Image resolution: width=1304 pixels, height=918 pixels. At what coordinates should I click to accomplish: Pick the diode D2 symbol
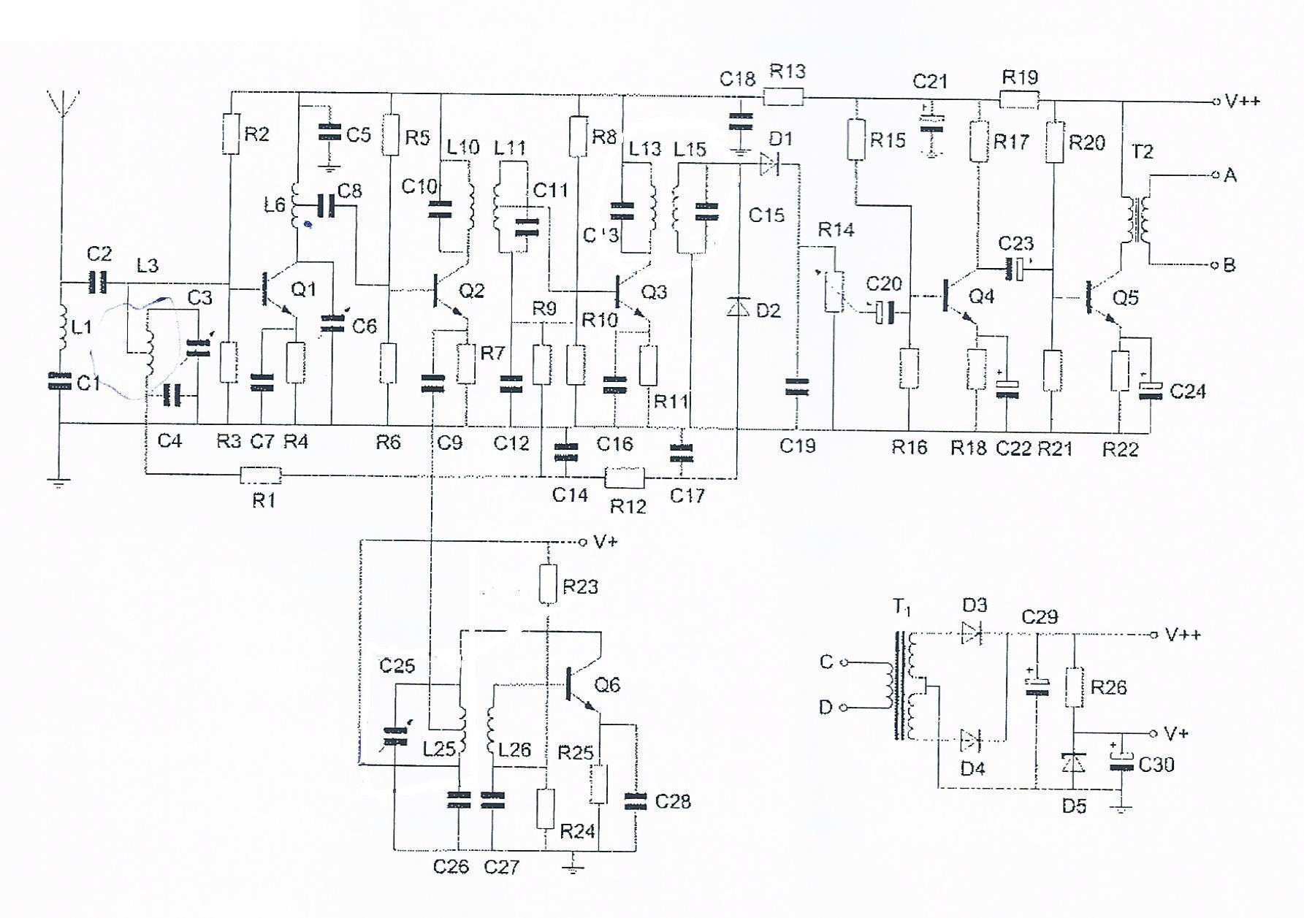(x=739, y=307)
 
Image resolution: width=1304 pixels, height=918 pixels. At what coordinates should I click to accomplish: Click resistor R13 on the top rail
(x=783, y=96)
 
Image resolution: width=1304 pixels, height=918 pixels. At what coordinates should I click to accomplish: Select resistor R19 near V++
(x=1018, y=100)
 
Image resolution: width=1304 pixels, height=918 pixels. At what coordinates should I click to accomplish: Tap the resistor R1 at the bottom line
(x=261, y=475)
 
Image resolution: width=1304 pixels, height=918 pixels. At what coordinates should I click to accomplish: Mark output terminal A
(x=1215, y=175)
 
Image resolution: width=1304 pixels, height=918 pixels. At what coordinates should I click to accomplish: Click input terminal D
(x=844, y=707)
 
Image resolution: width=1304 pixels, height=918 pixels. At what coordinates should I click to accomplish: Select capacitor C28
(x=635, y=801)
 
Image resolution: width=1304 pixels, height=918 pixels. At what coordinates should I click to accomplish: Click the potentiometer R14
(x=834, y=292)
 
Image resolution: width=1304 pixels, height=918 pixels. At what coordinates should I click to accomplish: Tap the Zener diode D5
(x=1074, y=763)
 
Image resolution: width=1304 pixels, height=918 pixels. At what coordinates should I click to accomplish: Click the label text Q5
(x=1126, y=298)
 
